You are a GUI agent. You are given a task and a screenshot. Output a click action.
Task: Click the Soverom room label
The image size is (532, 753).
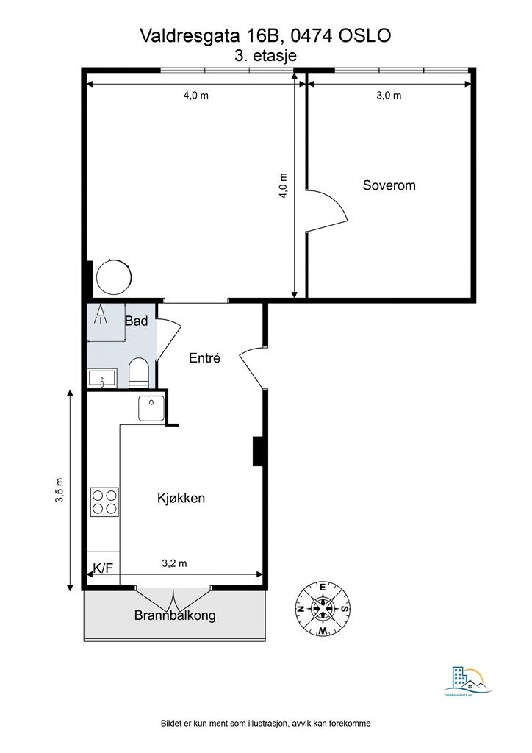click(x=389, y=185)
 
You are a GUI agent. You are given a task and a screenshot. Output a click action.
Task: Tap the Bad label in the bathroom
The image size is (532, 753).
click(x=136, y=321)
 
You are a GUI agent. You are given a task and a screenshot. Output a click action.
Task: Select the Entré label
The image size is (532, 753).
click(x=205, y=357)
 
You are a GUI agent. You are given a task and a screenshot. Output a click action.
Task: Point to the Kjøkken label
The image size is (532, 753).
click(x=181, y=498)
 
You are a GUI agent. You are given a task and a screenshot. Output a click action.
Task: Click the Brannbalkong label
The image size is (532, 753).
click(x=175, y=615)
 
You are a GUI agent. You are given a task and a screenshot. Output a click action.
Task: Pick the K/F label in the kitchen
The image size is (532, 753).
click(x=102, y=569)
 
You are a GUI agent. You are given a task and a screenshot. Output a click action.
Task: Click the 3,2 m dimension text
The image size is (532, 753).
click(x=174, y=564)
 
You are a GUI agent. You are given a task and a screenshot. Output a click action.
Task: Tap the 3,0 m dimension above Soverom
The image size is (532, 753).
click(x=389, y=96)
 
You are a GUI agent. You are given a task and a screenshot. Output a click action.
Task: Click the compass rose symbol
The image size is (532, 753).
click(x=323, y=607)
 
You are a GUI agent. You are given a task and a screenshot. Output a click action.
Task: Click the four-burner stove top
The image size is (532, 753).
click(x=104, y=502)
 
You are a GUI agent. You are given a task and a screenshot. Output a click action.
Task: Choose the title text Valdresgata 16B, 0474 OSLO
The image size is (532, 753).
click(x=266, y=35)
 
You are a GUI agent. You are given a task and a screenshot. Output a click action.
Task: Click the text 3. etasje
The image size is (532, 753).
click(x=266, y=54)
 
